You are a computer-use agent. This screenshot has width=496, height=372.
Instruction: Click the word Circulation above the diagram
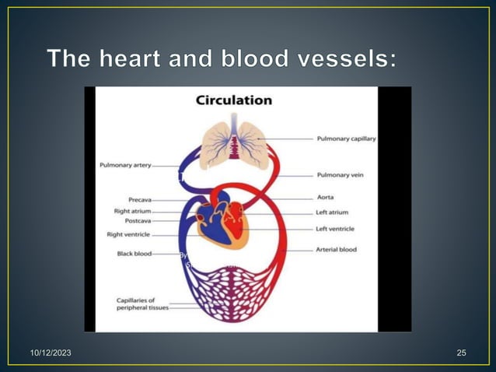point(233,100)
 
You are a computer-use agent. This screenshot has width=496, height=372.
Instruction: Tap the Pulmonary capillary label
point(346,139)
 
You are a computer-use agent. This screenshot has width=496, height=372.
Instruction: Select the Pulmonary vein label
point(340,175)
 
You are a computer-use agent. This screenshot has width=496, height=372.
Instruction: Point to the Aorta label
point(326,198)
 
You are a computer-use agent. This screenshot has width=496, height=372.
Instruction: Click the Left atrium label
point(332,212)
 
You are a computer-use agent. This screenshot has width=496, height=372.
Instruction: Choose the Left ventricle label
point(335,229)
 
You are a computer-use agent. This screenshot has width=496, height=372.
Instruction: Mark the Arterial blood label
point(336,250)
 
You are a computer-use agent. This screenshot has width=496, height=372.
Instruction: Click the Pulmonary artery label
point(125,165)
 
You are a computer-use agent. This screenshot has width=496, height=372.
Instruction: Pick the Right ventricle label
point(129,234)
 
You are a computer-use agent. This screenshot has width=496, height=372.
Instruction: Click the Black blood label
point(134,254)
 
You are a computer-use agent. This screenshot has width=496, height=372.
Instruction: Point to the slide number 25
point(462,354)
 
